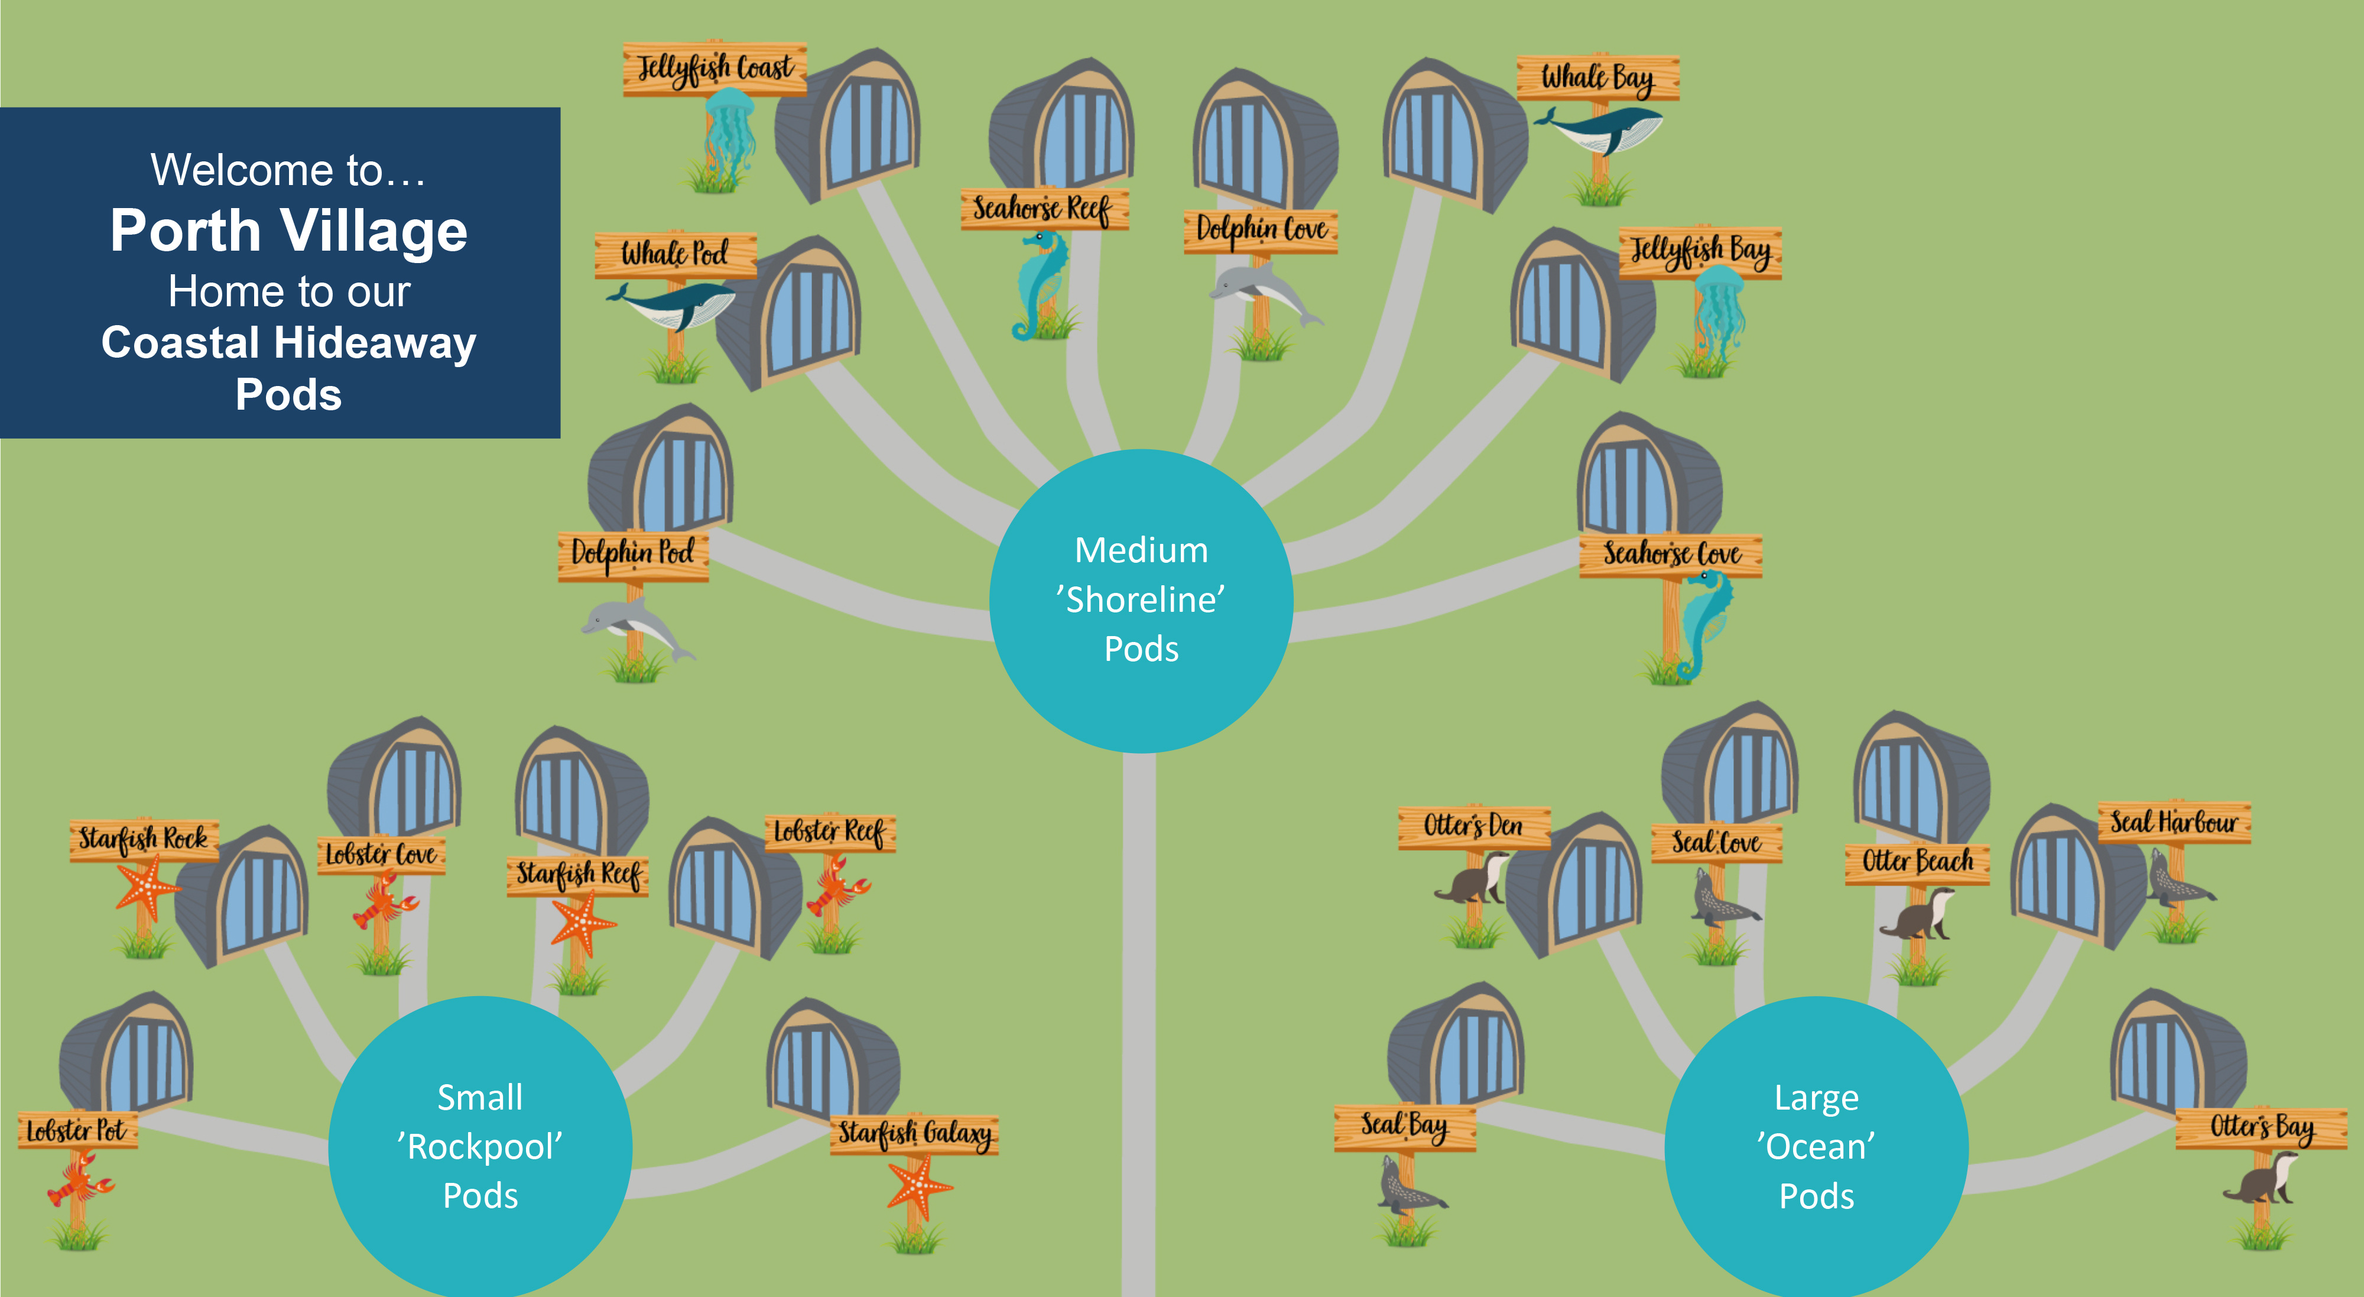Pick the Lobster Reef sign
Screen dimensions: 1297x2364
pos(829,832)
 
